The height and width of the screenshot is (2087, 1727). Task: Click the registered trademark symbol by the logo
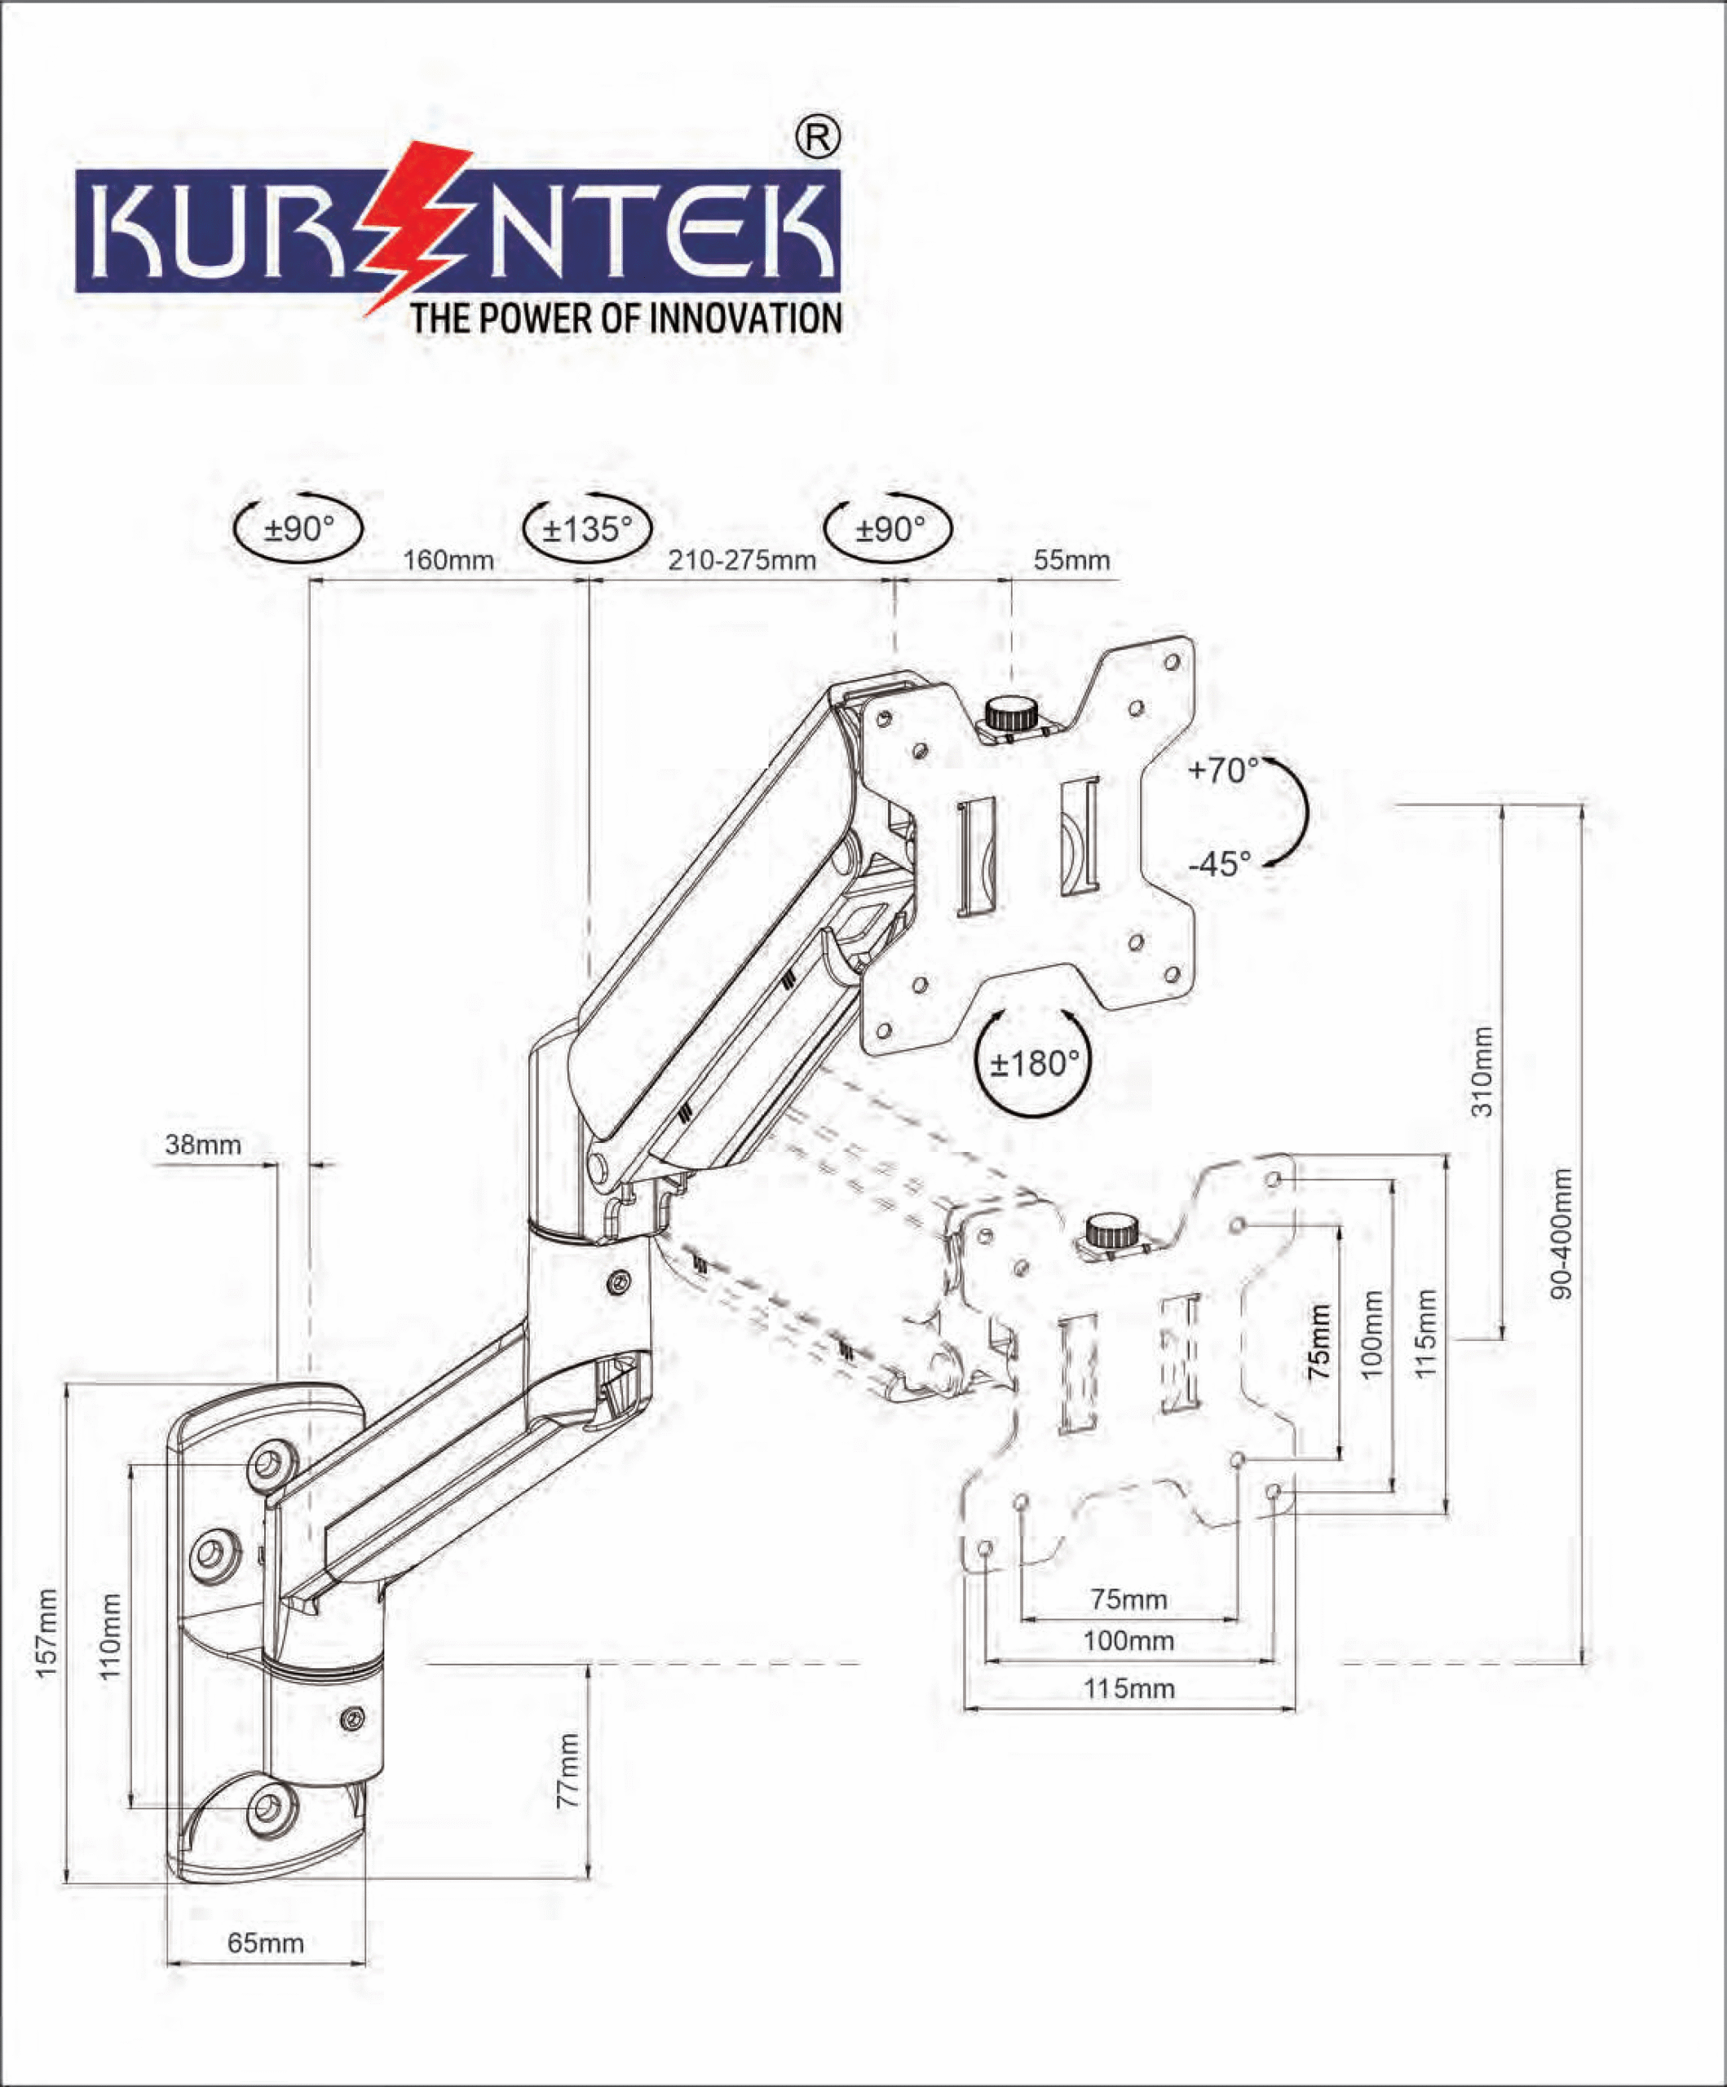click(817, 137)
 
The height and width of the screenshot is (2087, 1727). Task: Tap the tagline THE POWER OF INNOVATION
click(626, 319)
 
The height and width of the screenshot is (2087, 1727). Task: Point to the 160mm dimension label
click(448, 561)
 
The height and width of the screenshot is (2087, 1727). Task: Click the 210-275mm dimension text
click(742, 561)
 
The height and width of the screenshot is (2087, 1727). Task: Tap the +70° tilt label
click(1223, 770)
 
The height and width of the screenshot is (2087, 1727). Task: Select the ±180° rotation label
click(1034, 1065)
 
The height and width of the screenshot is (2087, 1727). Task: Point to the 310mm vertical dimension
click(1482, 1071)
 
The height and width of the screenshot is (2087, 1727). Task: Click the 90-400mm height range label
click(1562, 1233)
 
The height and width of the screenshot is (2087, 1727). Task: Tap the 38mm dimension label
click(203, 1144)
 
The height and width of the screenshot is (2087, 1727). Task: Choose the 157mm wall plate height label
click(46, 1634)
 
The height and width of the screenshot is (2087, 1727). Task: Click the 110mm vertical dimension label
click(109, 1636)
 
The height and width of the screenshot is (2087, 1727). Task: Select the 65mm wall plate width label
click(266, 1943)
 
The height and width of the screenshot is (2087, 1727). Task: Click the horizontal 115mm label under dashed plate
click(1129, 1688)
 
